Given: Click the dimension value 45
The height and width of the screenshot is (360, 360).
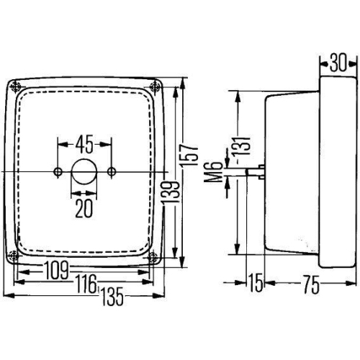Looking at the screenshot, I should pos(84,145).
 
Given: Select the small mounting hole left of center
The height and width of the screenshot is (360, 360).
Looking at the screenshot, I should pos(58,171).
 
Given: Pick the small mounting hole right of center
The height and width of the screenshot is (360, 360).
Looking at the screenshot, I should pos(111,171).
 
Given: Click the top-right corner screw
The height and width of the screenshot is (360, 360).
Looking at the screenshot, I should pos(155,87).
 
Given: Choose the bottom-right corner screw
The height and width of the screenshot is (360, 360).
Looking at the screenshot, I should pos(154,257).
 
